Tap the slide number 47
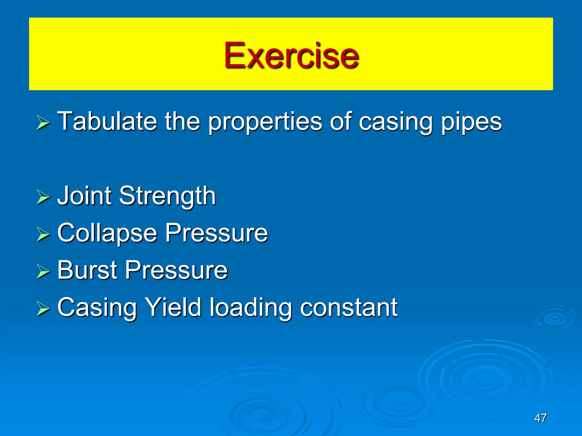(x=540, y=418)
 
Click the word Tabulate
(x=107, y=121)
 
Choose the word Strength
(x=167, y=196)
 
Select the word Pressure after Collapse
(x=217, y=233)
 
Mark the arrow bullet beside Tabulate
(x=43, y=123)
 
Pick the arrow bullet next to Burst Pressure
(x=43, y=271)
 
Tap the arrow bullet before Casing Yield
(x=43, y=309)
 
